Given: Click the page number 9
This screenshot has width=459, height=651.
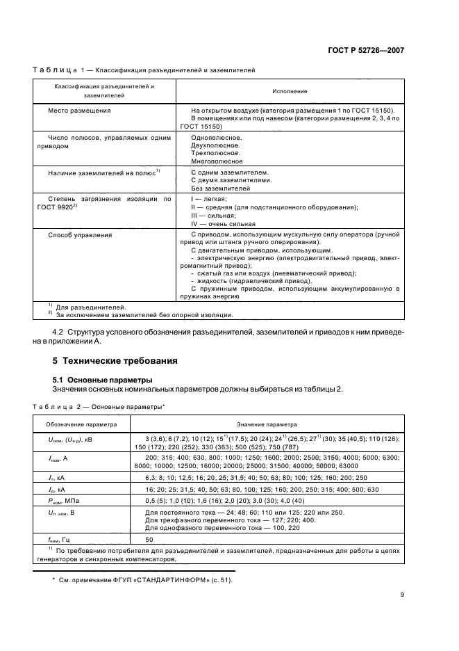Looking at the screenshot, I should (402, 594).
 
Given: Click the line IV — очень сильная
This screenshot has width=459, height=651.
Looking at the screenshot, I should (223, 224).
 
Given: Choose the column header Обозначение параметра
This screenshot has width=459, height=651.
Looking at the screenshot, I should (82, 423).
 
